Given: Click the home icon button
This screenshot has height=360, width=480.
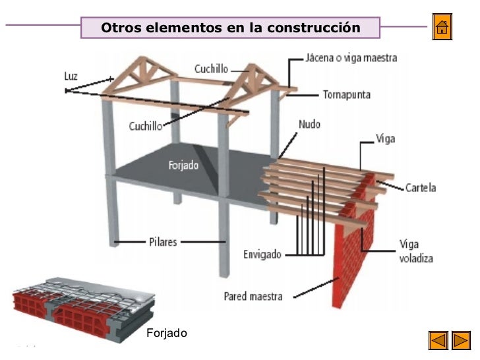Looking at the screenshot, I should point(442,28).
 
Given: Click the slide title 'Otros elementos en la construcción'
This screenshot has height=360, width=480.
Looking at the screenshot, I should point(231,28).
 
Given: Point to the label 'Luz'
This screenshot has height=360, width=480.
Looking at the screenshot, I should point(71,76).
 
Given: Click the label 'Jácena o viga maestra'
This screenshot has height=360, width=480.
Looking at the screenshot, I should point(351,58).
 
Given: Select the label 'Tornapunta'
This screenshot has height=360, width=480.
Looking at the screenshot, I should point(346,94).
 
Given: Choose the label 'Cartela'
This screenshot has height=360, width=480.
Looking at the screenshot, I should point(421,188).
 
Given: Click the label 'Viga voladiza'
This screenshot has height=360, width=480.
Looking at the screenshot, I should point(416,251).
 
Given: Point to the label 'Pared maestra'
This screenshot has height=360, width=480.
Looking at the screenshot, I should point(253,296).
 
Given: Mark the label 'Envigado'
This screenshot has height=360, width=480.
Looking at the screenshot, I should point(262,254).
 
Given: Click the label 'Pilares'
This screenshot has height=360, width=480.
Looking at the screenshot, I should point(162,242).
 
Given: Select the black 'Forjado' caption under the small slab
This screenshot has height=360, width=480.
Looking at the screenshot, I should point(167,333).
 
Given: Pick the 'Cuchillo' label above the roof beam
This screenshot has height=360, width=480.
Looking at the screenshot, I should point(212,68).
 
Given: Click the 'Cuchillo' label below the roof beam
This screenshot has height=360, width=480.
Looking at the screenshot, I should point(146,127).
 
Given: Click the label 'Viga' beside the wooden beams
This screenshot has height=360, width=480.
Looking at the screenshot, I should point(385,140).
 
